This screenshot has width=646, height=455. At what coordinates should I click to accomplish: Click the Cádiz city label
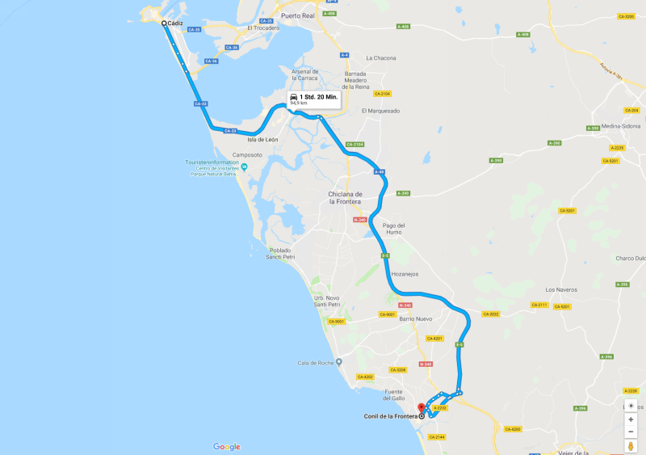[177, 23]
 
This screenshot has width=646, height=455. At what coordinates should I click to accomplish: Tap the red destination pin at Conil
[420, 408]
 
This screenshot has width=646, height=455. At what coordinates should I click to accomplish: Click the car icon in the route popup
[294, 96]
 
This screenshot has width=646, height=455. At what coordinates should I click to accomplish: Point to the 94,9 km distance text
[299, 103]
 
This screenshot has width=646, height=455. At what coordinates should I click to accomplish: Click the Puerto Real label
[296, 15]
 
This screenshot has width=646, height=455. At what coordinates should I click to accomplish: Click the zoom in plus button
[631, 419]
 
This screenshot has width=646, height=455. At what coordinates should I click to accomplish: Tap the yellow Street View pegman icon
[631, 446]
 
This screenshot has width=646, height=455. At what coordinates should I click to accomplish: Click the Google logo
[227, 446]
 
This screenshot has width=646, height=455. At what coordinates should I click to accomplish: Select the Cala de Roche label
[315, 363]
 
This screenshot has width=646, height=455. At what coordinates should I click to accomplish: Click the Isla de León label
[262, 140]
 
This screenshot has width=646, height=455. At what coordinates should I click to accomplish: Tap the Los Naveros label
[561, 289]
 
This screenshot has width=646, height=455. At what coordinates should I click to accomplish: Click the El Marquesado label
[380, 111]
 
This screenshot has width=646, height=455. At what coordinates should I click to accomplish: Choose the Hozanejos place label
[405, 274]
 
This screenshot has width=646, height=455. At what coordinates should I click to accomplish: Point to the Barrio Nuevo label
[416, 318]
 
